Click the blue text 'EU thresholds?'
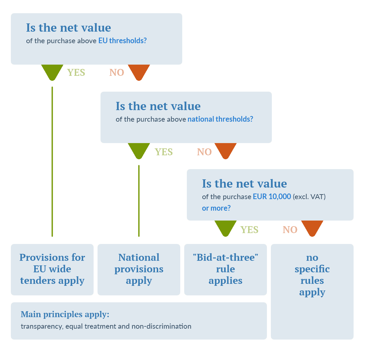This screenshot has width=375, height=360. point(122,41)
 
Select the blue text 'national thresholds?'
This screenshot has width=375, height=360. point(220,119)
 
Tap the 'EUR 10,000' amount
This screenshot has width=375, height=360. point(272,196)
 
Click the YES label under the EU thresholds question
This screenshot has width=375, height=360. point(76,73)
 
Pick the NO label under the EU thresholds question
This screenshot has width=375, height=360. point(117,73)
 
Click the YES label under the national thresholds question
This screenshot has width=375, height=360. point(164,152)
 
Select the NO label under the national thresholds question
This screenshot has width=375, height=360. point(204,152)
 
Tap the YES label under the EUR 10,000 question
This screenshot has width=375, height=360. point(249,229)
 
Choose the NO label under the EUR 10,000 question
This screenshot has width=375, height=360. point(290,229)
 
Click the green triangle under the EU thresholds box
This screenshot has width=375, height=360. point(52,71)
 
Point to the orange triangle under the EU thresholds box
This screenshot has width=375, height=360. point(139,71)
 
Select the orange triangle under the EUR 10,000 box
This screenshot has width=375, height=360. point(312,228)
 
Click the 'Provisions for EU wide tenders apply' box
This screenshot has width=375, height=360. point(52,269)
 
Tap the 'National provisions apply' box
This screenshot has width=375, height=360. point(139,269)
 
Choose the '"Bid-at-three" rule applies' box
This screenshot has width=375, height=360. point(225,269)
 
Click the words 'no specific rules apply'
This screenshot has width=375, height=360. point(312,275)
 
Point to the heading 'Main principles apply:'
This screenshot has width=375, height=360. point(65,314)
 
